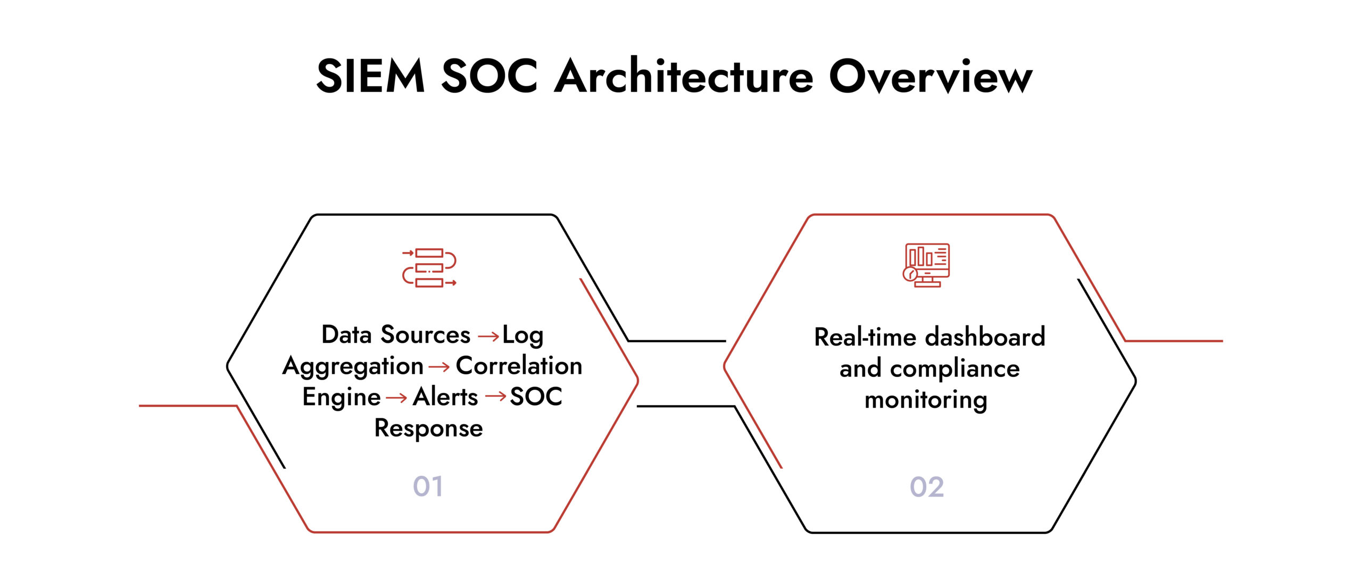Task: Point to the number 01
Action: click(x=428, y=486)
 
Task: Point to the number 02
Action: click(x=927, y=486)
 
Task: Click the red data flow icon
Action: click(x=429, y=267)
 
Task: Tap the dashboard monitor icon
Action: click(x=927, y=265)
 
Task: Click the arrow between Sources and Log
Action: click(x=488, y=337)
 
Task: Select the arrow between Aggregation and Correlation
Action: click(x=439, y=367)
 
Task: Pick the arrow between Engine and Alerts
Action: click(x=396, y=398)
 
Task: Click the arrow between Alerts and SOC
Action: click(x=495, y=396)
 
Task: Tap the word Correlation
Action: click(x=519, y=366)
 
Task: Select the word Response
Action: click(x=429, y=428)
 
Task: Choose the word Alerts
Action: click(x=445, y=397)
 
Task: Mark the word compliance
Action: click(x=954, y=369)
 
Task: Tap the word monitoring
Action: click(x=926, y=400)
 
